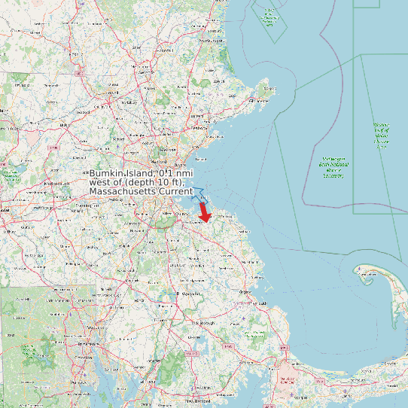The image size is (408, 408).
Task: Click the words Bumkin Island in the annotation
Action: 120,173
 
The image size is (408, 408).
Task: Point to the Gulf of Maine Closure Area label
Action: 381,135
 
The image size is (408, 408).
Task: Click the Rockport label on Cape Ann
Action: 265,89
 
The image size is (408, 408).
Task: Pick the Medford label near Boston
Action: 159,161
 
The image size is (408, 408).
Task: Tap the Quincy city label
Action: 184,214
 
